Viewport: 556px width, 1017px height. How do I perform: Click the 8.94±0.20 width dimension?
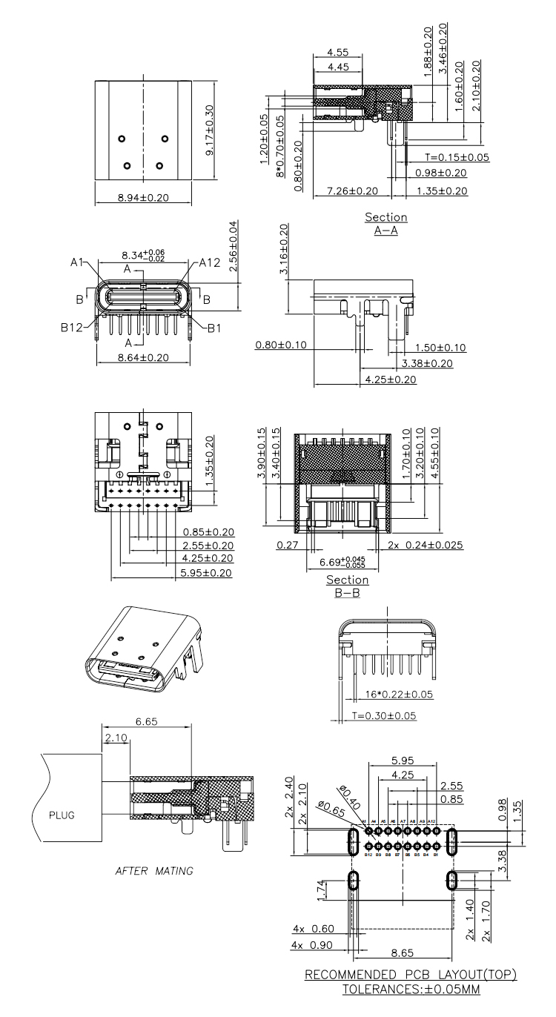coord(143,198)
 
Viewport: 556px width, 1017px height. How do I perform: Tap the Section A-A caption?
coord(385,223)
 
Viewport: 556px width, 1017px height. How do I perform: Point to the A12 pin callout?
coord(210,262)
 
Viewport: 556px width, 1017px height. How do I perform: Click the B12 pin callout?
coord(71,326)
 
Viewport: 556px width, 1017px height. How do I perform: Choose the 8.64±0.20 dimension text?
coord(143,357)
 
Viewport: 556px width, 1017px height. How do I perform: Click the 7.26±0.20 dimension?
coord(352,191)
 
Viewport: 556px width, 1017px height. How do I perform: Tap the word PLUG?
coord(62,815)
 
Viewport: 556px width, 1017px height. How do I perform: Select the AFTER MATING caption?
coord(154,871)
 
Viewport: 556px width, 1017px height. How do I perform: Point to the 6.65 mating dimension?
coord(146,720)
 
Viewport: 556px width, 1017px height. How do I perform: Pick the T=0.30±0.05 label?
coord(384,715)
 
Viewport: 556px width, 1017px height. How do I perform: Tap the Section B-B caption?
coord(347,586)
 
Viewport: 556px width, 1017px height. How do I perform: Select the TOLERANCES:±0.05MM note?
coord(411,989)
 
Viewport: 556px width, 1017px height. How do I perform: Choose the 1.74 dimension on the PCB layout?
coord(320,890)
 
